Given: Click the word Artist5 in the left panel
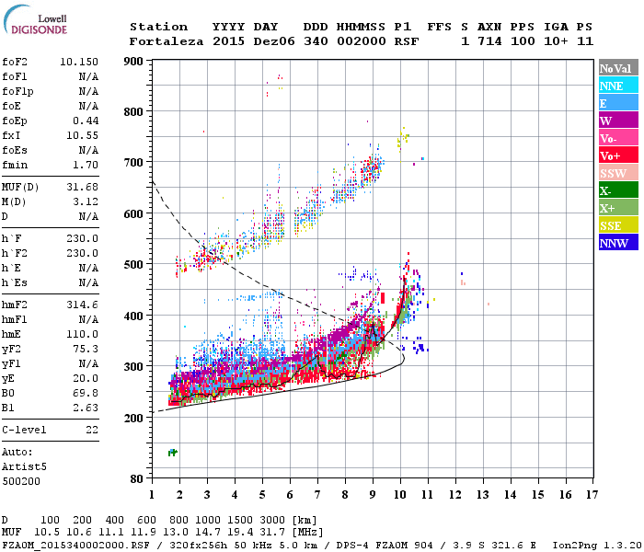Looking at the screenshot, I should click(x=24, y=466).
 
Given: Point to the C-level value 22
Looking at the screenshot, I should click(x=92, y=430).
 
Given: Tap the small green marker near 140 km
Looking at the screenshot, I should click(x=172, y=452).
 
